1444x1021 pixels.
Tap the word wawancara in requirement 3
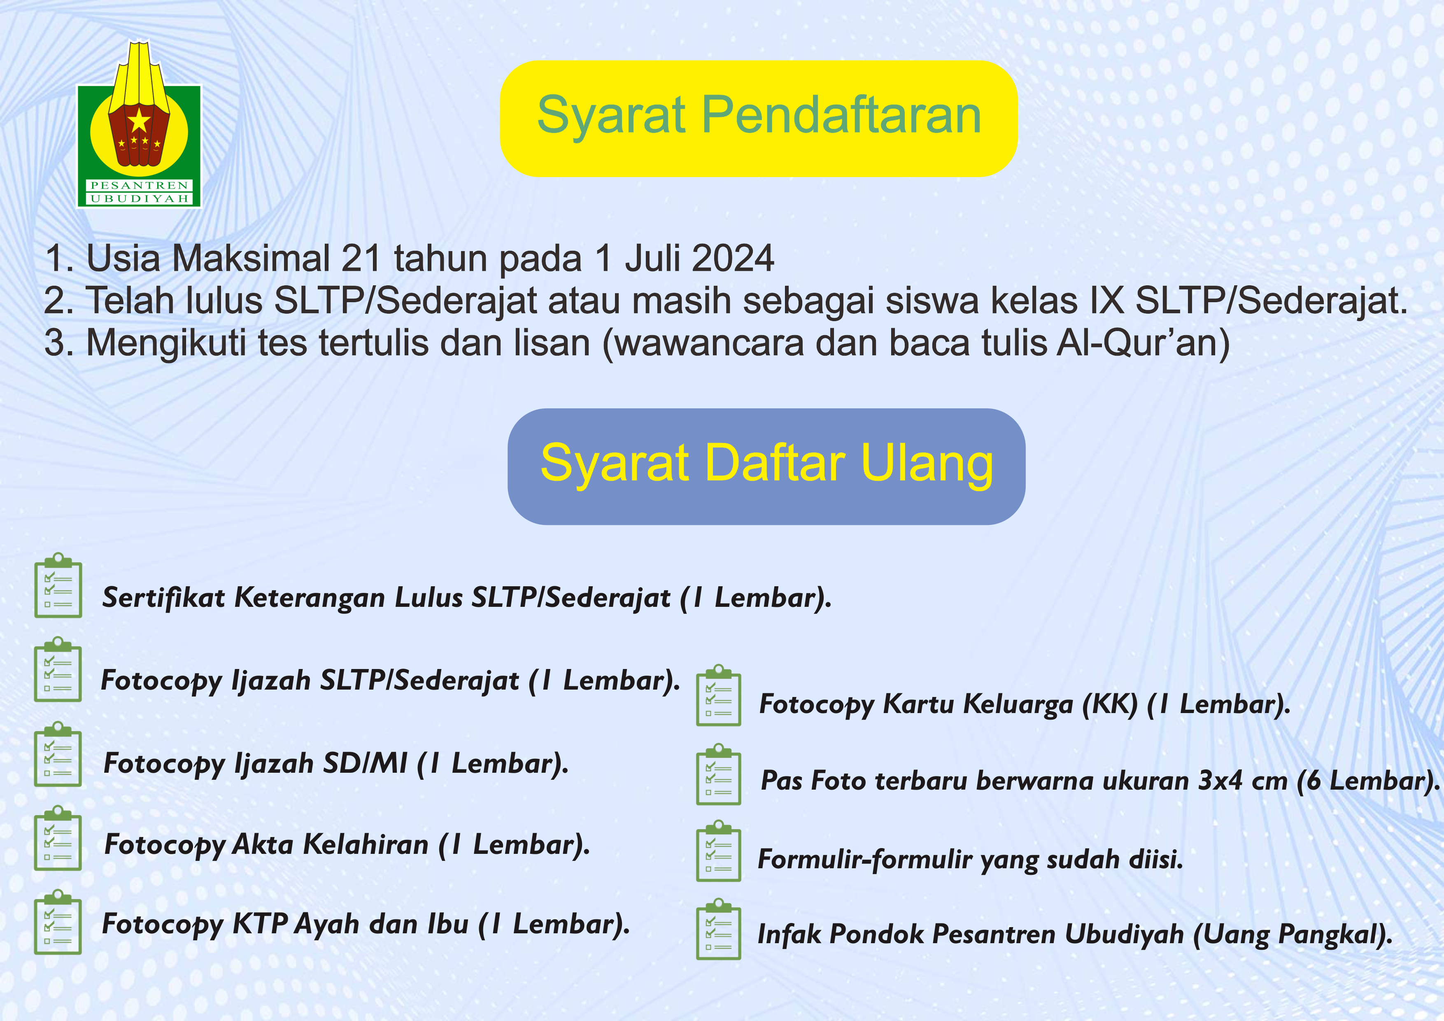point(708,343)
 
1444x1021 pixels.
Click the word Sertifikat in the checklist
point(163,598)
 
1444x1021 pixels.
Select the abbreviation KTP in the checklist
point(261,924)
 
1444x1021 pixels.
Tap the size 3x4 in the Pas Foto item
point(1220,781)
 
